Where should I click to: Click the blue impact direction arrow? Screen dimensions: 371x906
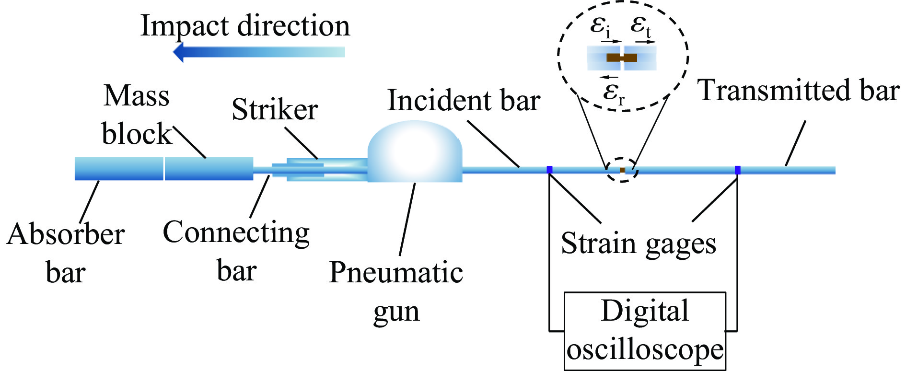[259, 52]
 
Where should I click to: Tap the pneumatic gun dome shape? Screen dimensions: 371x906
[415, 152]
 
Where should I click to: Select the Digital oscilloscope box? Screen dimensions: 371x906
[645, 331]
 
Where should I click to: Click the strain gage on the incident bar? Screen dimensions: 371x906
[549, 169]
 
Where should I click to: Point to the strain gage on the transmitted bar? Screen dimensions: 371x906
[737, 170]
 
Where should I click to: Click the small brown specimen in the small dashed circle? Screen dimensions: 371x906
[622, 170]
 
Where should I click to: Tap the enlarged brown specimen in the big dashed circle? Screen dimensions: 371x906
[622, 58]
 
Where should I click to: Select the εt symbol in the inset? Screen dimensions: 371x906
[641, 25]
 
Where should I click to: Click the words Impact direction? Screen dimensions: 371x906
[245, 26]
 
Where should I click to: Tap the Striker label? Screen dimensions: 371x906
[275, 109]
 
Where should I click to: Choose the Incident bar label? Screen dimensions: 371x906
[464, 101]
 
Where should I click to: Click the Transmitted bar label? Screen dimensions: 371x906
[798, 90]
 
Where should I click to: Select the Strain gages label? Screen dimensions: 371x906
[638, 243]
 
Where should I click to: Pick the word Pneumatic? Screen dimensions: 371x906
[396, 272]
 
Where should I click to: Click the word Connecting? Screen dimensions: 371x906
[236, 233]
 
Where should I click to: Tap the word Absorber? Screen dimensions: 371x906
[66, 234]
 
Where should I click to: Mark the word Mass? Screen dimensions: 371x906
[137, 95]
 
